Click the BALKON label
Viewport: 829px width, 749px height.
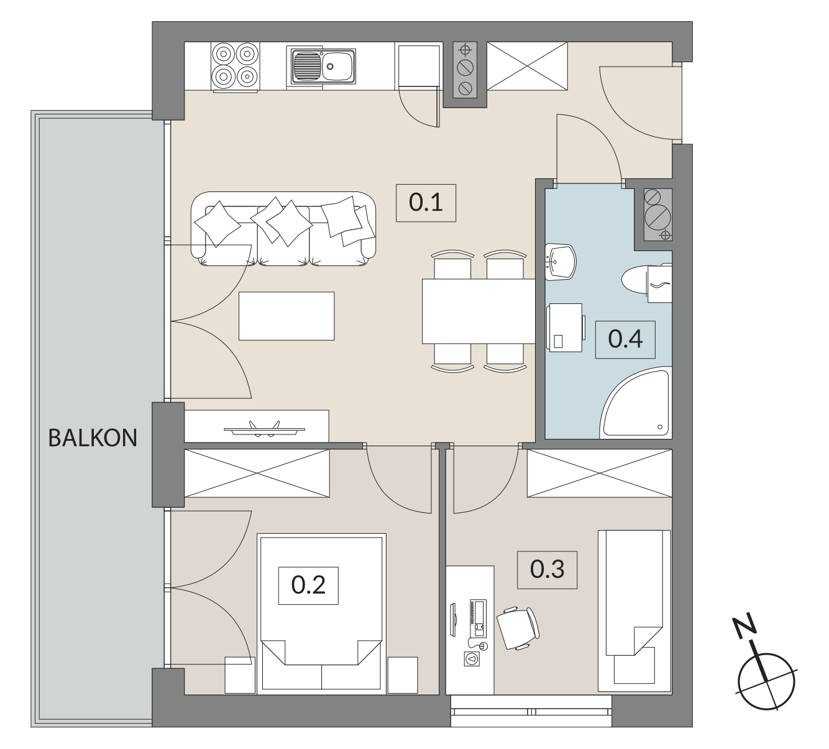coord(93,438)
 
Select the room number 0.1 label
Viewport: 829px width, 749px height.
coord(426,203)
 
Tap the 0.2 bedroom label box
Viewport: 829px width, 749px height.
coord(308,586)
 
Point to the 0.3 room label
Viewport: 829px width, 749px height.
coord(547,569)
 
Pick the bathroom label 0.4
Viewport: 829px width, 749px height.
coord(625,339)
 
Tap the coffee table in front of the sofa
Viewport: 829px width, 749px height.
coord(286,316)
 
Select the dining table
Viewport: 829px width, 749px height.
coord(479,311)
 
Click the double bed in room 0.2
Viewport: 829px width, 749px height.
coord(321,614)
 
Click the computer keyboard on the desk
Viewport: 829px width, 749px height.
coord(478,618)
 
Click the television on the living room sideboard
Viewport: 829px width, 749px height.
coord(265,430)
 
